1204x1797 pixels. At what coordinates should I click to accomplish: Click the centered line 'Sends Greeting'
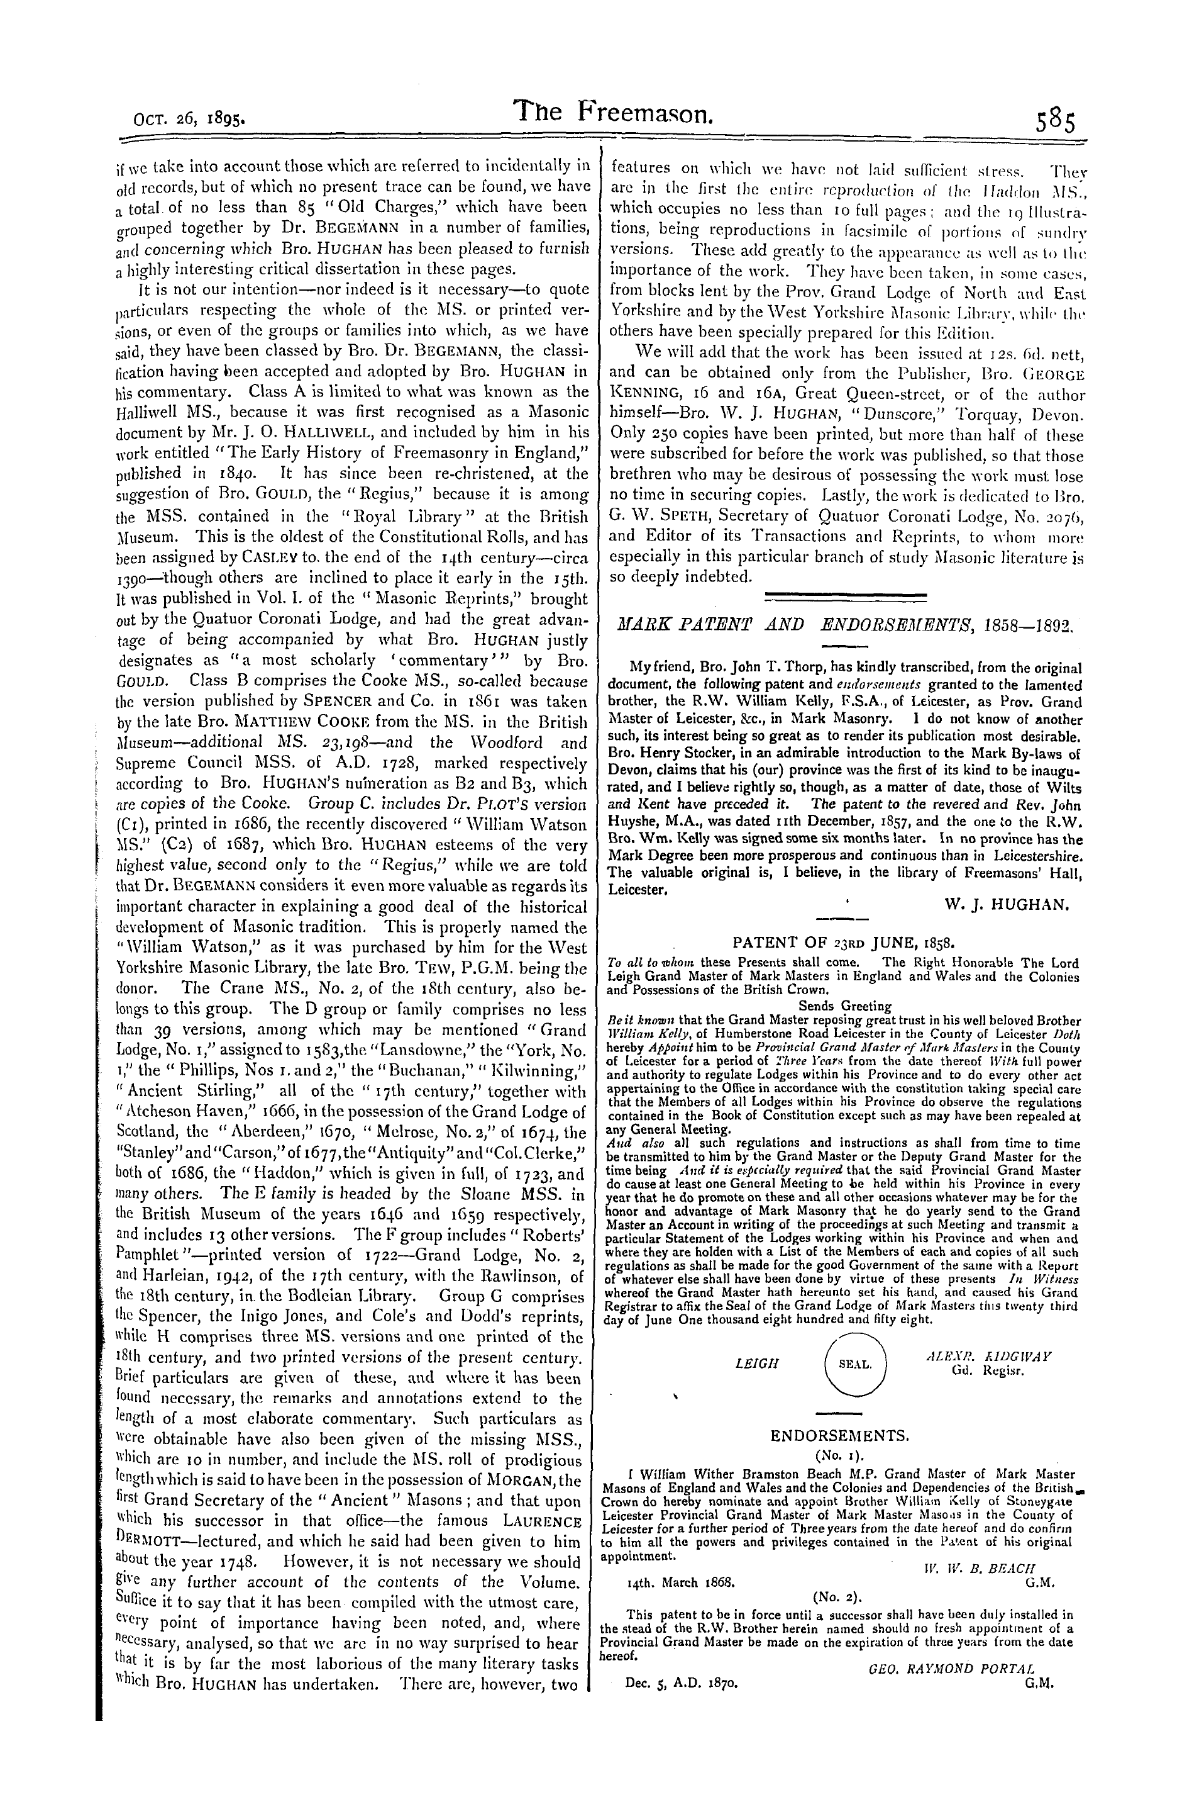tap(844, 1005)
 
